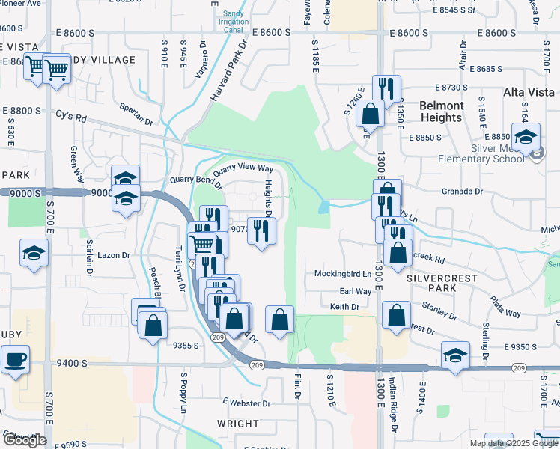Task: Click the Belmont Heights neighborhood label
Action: tap(441, 112)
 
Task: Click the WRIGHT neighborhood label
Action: tap(237, 424)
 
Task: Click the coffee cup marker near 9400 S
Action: tap(15, 360)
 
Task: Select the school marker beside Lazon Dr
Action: tap(34, 253)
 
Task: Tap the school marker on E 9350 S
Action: tap(454, 355)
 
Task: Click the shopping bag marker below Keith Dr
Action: tap(396, 315)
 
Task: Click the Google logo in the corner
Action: tap(25, 440)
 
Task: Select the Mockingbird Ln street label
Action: tap(343, 274)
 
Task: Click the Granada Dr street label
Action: tap(462, 192)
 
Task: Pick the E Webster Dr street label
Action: tap(246, 403)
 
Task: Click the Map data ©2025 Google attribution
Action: tap(514, 443)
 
